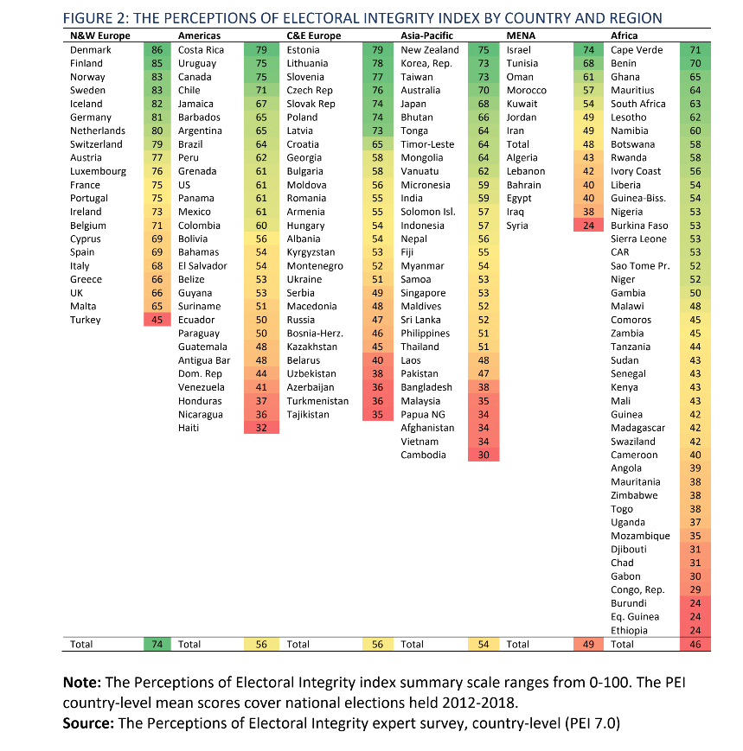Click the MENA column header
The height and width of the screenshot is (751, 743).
click(521, 35)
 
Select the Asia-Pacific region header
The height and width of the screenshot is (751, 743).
click(426, 35)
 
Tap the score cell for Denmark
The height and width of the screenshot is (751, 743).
click(157, 50)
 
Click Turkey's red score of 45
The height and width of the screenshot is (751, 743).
click(157, 320)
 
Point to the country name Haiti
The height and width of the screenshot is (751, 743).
click(189, 428)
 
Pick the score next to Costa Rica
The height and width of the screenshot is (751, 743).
click(261, 50)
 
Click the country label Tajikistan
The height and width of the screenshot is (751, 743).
click(308, 414)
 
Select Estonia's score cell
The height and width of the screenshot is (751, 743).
click(378, 50)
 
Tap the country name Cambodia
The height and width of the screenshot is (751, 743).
click(423, 455)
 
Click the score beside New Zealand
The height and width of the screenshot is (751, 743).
click(484, 50)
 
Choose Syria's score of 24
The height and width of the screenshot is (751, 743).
click(589, 226)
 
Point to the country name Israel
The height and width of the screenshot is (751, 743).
click(519, 50)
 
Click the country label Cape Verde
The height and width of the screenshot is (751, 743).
click(637, 50)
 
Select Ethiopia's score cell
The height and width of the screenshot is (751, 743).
click(695, 630)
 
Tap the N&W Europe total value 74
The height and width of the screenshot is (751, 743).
click(157, 644)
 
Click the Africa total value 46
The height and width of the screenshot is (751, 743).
click(695, 644)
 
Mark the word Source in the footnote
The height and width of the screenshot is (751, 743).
click(88, 722)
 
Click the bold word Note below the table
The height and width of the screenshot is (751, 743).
click(81, 682)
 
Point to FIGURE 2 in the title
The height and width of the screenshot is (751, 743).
click(95, 18)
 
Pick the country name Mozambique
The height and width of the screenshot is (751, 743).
click(640, 536)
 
